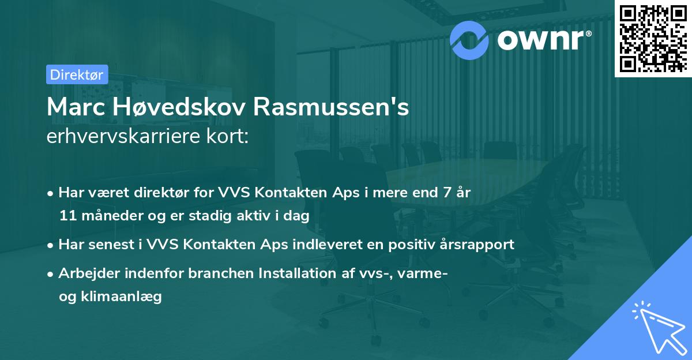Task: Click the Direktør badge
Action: pos(77,74)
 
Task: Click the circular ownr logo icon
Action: pos(469,39)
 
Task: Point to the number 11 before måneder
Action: pos(66,216)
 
